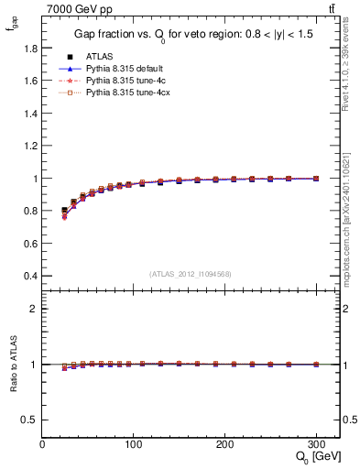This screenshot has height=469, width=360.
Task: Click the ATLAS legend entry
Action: (x=98, y=56)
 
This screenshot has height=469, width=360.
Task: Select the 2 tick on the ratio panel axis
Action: (x=34, y=309)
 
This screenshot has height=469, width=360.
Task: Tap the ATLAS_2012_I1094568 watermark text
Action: (x=191, y=274)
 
